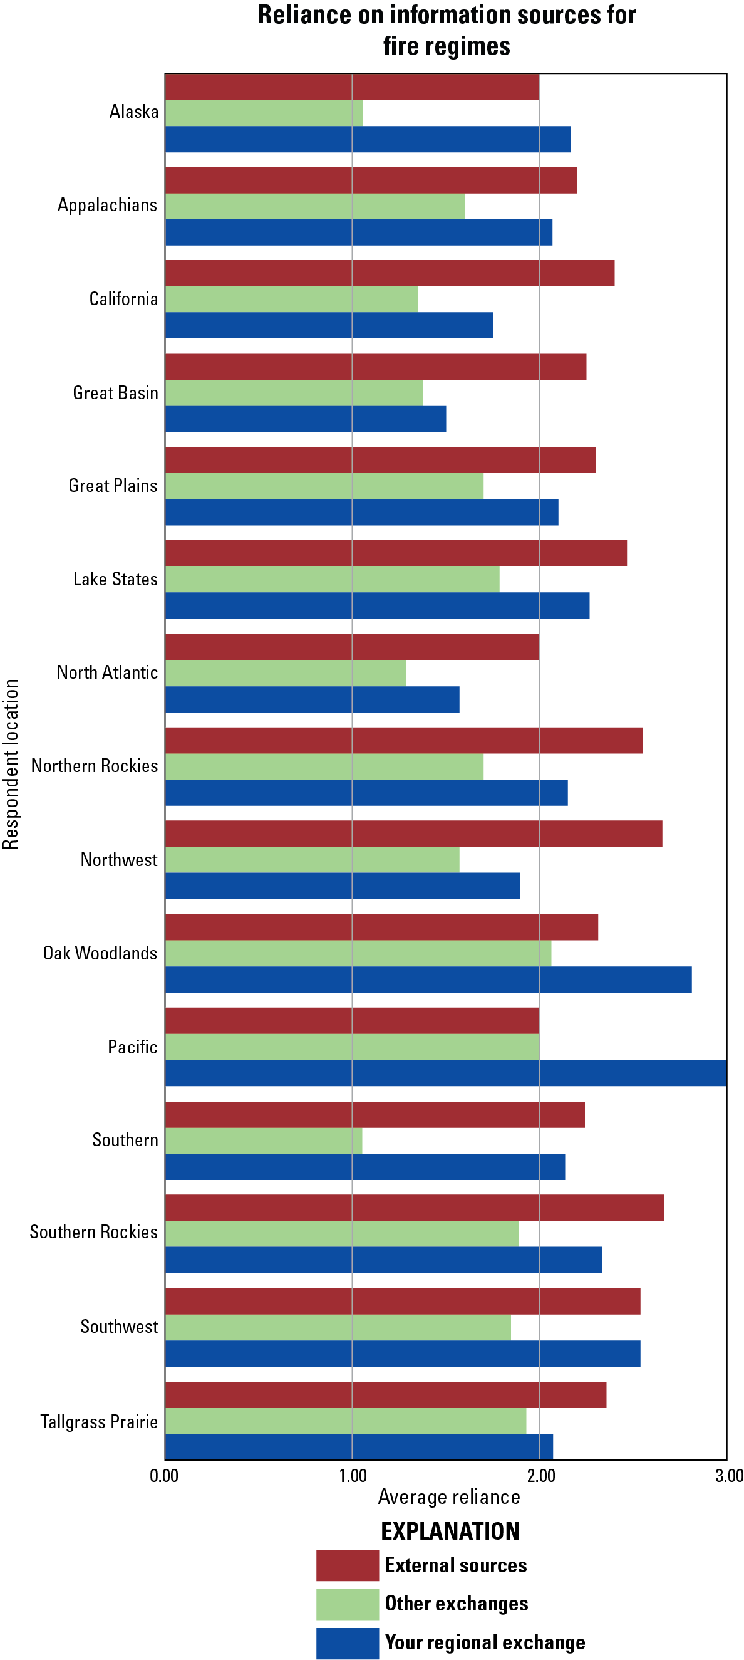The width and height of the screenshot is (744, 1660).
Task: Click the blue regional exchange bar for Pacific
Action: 446,1073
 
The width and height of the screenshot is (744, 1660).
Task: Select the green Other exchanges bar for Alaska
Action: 264,113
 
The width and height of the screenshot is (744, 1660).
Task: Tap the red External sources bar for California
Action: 390,273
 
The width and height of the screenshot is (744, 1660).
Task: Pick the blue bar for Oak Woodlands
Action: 428,979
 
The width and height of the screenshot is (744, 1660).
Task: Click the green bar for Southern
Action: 264,1141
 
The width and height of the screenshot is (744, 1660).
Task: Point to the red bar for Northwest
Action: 413,833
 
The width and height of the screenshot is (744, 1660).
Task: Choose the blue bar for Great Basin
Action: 306,419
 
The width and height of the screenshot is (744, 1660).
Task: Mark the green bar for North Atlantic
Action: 286,674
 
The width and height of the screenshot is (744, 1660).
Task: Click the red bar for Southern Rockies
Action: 414,1208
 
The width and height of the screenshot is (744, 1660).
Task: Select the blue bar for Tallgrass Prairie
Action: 359,1447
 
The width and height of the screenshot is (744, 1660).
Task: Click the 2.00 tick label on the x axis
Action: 540,1476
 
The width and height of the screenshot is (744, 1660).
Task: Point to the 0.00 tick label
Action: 164,1476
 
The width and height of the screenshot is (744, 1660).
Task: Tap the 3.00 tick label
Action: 729,1476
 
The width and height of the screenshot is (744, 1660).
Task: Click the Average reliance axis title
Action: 449,1497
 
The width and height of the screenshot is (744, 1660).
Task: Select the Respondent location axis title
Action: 11,765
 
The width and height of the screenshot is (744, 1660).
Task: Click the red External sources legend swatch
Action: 347,1565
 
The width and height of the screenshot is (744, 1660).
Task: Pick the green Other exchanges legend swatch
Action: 347,1604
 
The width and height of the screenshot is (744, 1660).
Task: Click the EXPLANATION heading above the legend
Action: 450,1531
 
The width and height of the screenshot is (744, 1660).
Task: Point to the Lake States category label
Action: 115,579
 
